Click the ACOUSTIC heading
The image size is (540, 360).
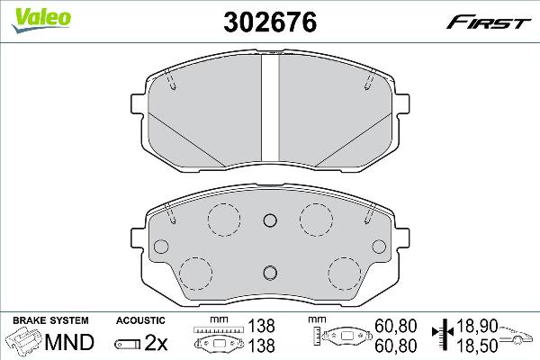(x=140, y=320)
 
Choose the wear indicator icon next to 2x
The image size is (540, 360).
(x=128, y=343)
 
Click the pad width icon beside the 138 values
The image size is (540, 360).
(x=220, y=341)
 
